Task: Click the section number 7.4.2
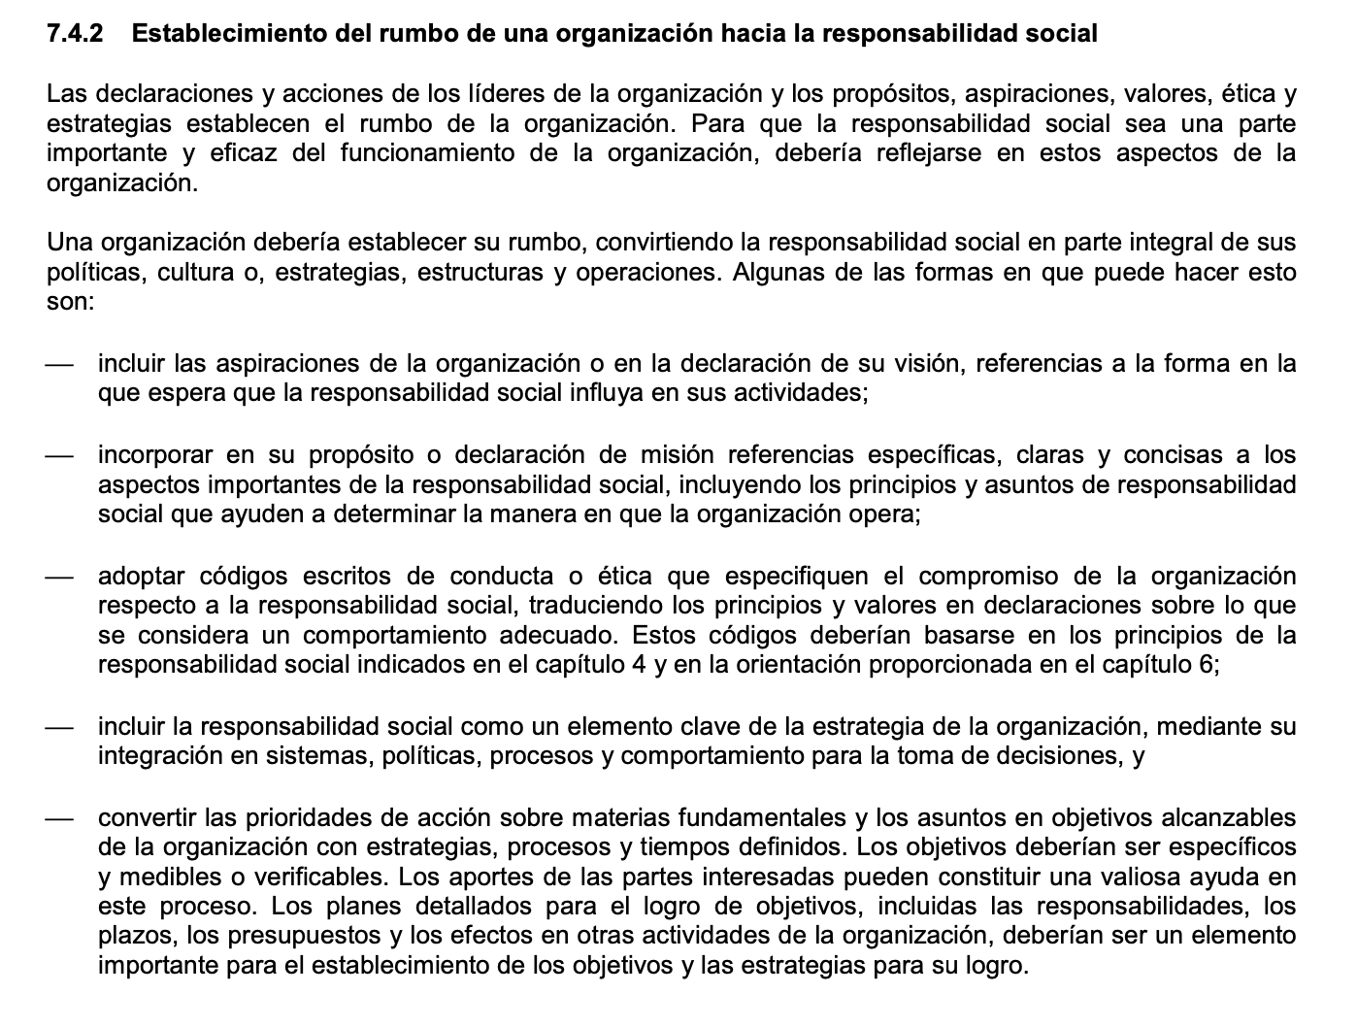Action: (x=75, y=34)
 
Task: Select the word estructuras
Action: (x=480, y=273)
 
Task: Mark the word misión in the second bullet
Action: (x=679, y=454)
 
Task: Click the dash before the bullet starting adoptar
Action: (x=60, y=576)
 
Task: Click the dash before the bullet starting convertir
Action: (x=60, y=817)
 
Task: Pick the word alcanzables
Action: (x=1227, y=817)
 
